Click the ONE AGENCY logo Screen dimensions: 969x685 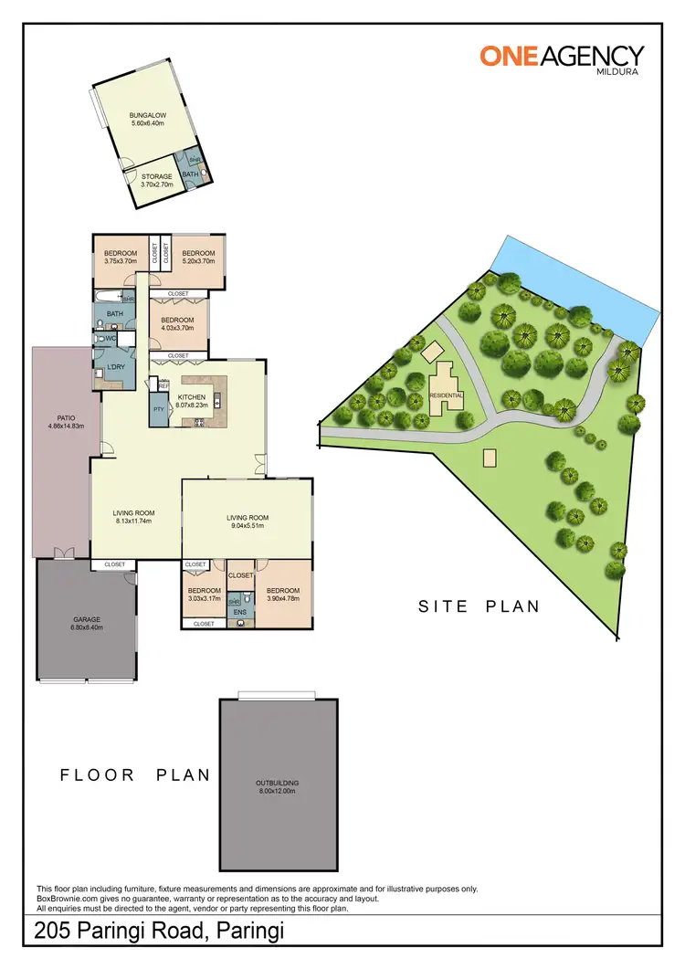tap(562, 56)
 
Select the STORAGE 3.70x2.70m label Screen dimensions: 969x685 tap(156, 180)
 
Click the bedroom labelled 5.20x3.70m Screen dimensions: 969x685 tap(197, 257)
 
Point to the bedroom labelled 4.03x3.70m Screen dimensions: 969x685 tap(178, 323)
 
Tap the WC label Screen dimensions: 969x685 tap(111, 339)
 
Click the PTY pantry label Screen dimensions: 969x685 tap(158, 408)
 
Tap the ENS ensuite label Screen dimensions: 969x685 tap(239, 612)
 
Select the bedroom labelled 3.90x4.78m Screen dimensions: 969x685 tap(283, 595)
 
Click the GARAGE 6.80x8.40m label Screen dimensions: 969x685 tap(88, 623)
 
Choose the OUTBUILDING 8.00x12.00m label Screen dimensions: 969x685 tap(278, 786)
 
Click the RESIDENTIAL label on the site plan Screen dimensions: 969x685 tap(448, 395)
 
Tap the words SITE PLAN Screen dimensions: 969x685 tap(479, 606)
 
